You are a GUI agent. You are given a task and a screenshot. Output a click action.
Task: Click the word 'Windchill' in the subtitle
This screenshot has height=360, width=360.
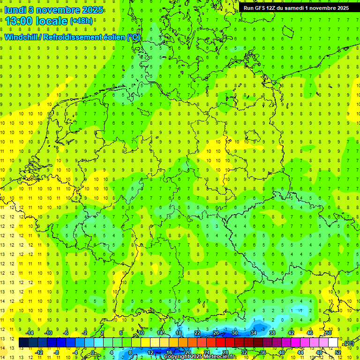[21, 37]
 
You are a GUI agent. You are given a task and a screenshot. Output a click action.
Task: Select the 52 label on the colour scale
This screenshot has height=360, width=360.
[338, 352]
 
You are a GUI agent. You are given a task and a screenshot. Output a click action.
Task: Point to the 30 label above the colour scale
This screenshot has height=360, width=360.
[234, 333]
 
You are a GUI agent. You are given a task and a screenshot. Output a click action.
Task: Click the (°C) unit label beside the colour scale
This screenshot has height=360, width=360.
[348, 343]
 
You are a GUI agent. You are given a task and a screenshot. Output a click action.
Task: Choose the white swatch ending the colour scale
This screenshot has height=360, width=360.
[333, 343]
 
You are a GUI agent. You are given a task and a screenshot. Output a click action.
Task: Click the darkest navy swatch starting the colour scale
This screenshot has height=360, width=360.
[23, 343]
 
